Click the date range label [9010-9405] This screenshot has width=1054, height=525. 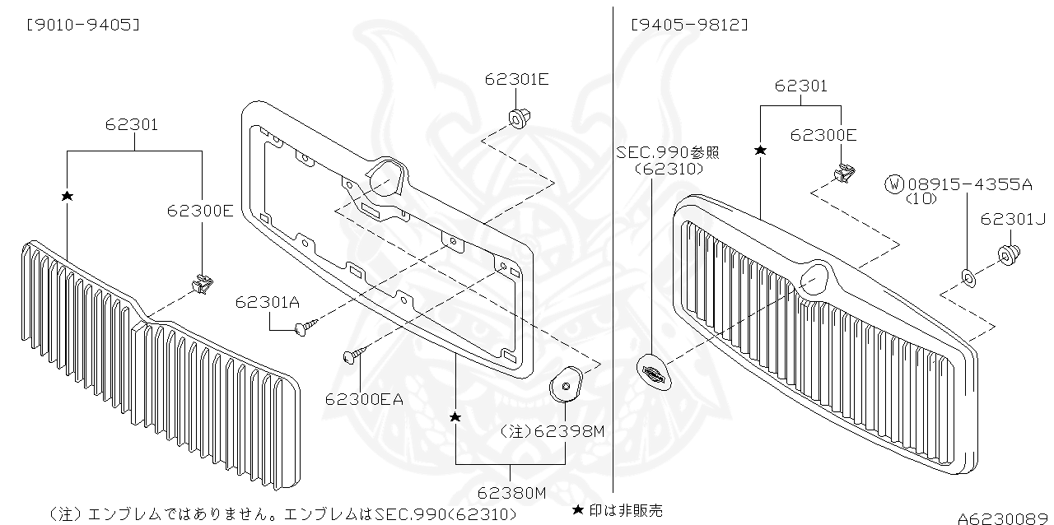pyautogui.click(x=82, y=25)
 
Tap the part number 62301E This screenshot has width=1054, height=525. pyautogui.click(x=516, y=80)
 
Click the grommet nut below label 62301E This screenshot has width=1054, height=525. pyautogui.click(x=518, y=118)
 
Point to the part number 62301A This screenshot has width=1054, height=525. pyautogui.click(x=268, y=302)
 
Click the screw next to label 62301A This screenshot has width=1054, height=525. pyautogui.click(x=302, y=328)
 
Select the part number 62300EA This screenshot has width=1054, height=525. pyautogui.click(x=364, y=400)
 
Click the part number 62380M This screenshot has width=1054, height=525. pyautogui.click(x=511, y=493)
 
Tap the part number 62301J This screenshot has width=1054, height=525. pyautogui.click(x=1012, y=219)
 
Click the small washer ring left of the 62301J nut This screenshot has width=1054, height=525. pyautogui.click(x=969, y=278)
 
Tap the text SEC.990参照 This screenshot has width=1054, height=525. pyautogui.click(x=667, y=153)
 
